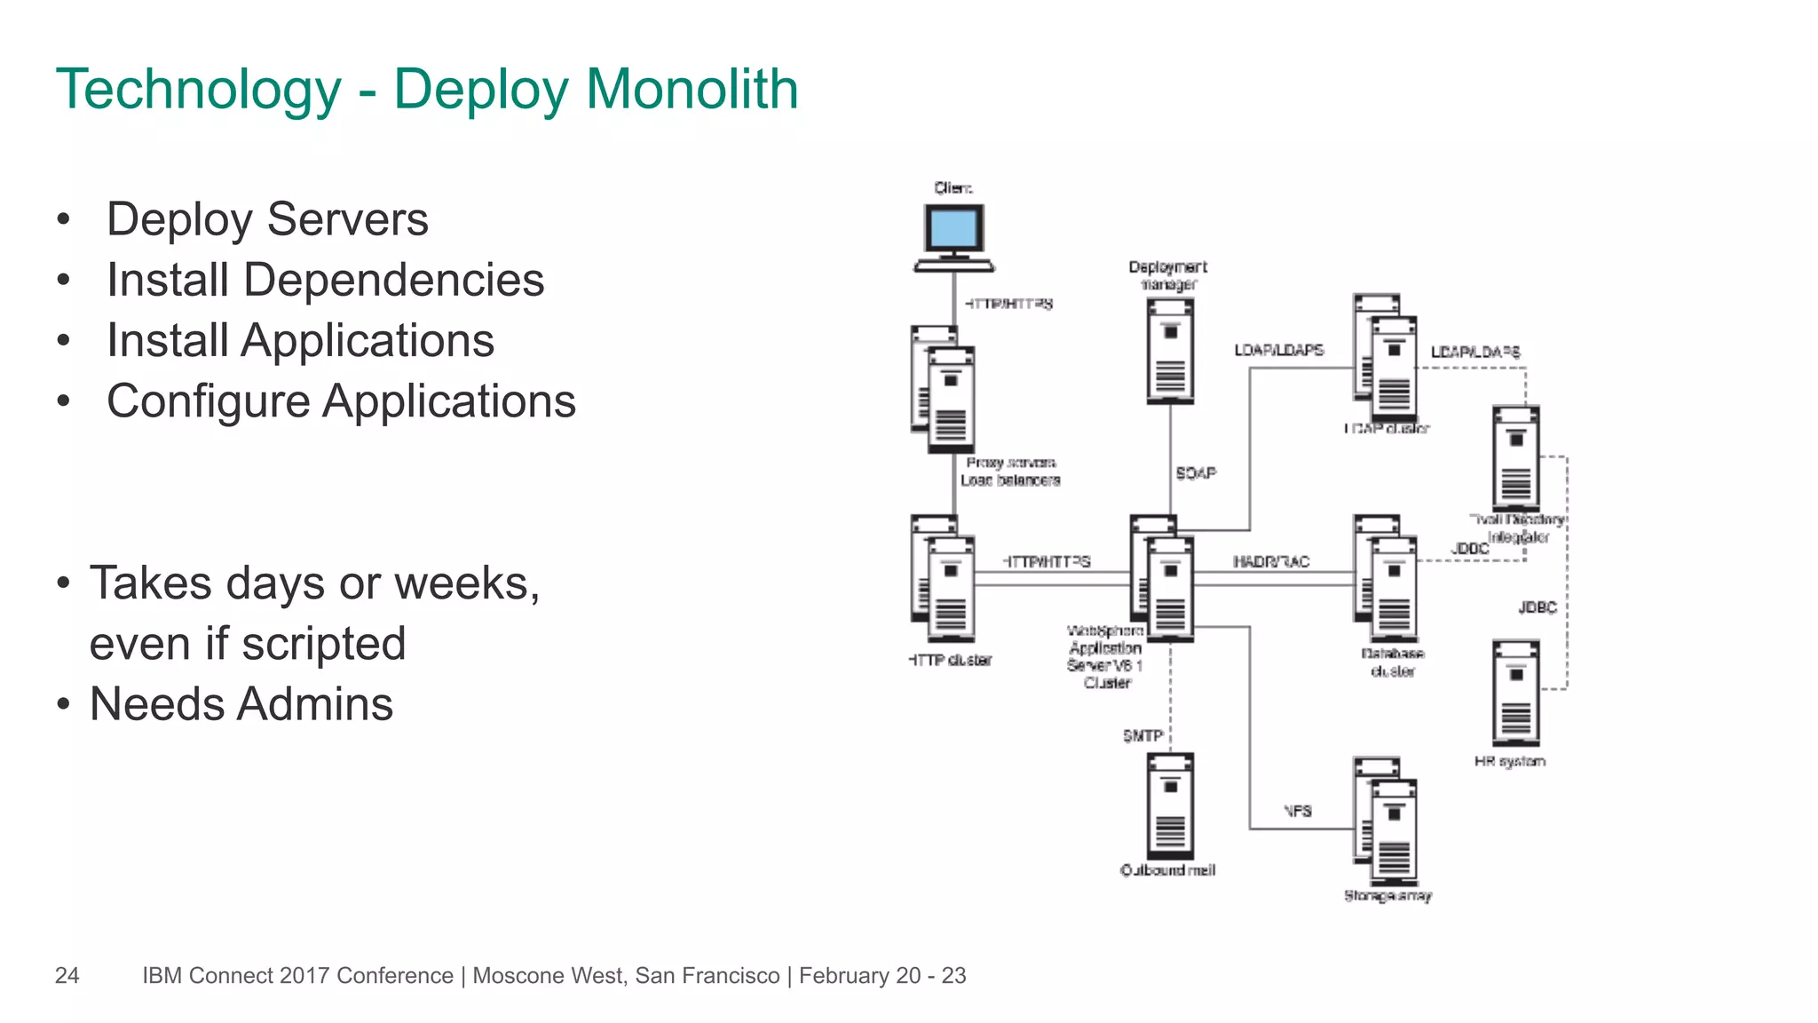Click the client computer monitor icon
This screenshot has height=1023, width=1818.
point(953,231)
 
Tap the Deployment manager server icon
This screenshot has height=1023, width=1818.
point(1169,352)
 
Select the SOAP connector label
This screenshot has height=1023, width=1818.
point(1195,473)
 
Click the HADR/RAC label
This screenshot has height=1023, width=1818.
point(1270,562)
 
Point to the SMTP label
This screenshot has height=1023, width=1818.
point(1142,736)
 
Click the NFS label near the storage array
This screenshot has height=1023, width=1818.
point(1297,811)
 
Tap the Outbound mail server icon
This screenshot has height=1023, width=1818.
point(1169,806)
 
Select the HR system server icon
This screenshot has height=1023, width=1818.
point(1515,693)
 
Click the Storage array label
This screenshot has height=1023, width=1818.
point(1387,896)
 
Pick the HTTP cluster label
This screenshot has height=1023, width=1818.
point(950,661)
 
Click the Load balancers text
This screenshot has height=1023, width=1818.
point(1010,480)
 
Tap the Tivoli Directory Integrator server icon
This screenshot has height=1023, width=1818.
point(1515,458)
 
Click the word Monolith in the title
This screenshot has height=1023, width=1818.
point(692,90)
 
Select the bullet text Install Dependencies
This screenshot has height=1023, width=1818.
point(325,281)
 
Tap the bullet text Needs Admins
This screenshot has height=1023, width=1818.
point(241,705)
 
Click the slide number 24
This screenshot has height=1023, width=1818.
point(67,976)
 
